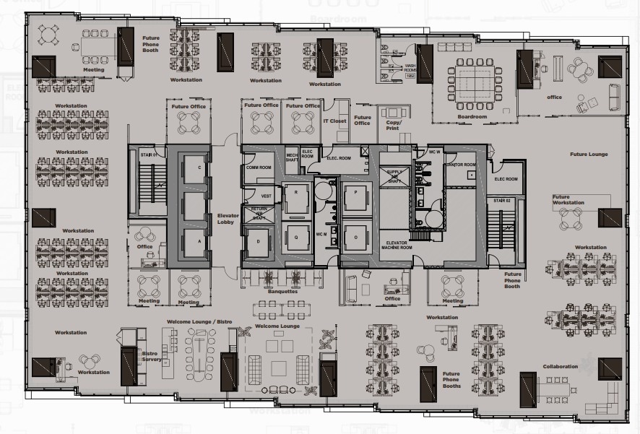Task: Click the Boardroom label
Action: [x=472, y=116]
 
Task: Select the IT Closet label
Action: [x=334, y=121]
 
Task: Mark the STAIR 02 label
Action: [x=502, y=200]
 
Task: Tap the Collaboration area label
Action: [x=561, y=366]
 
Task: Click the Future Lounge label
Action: [x=589, y=155]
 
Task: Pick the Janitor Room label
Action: [x=460, y=163]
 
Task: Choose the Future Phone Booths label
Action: [x=451, y=380]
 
